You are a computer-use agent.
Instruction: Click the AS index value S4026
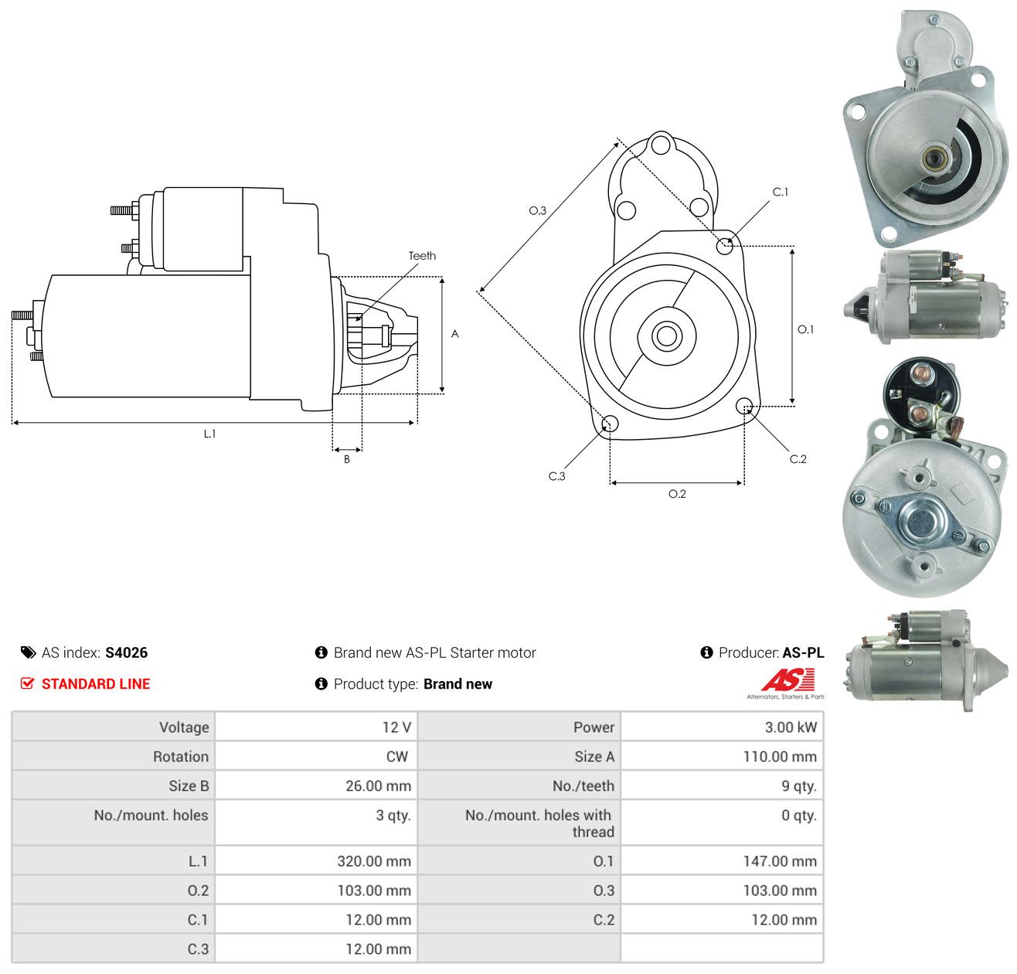[126, 652]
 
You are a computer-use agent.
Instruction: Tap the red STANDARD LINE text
[96, 683]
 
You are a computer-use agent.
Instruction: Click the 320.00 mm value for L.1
[374, 860]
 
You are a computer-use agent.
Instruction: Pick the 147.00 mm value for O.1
[780, 860]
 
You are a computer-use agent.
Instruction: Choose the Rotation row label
[180, 756]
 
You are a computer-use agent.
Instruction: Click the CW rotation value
[396, 756]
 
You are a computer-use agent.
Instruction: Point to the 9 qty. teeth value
[798, 785]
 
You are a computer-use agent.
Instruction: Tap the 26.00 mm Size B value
[378, 785]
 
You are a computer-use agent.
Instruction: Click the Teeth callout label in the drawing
[422, 256]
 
